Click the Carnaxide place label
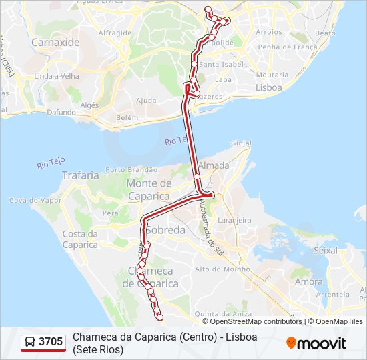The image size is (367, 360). (55, 41)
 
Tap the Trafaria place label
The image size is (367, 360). (80, 175)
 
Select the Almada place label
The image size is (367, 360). (214, 165)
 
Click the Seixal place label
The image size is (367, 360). (326, 251)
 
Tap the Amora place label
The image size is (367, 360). (308, 281)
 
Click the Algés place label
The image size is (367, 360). (89, 105)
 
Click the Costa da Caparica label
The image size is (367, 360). (80, 239)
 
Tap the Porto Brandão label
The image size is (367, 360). (131, 170)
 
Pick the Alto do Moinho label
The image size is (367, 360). (216, 269)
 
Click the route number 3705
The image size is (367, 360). (51, 342)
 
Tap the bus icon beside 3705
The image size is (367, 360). (30, 342)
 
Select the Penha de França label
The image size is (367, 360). (287, 47)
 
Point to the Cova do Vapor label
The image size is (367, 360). (35, 200)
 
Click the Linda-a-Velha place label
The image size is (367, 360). (57, 76)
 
